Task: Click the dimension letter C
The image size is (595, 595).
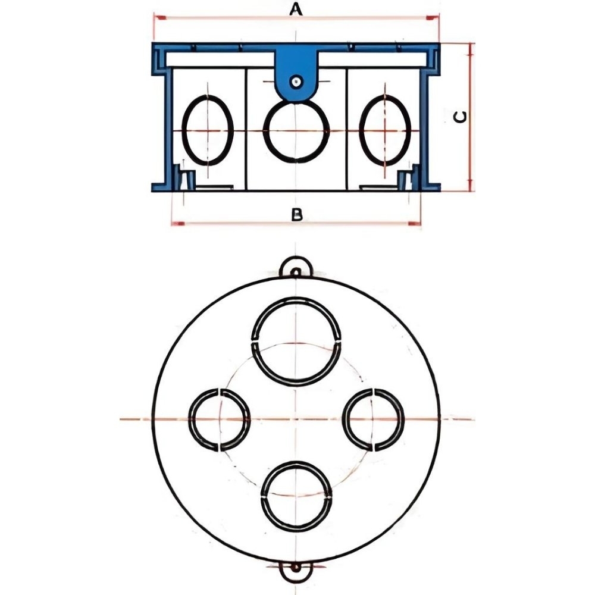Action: [460, 117]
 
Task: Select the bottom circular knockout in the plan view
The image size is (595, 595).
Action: [296, 496]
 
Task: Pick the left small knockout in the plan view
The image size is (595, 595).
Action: [220, 419]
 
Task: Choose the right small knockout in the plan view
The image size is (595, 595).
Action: [374, 419]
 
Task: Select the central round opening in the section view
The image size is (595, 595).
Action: [296, 131]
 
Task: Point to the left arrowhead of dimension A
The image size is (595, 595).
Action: [158, 19]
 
